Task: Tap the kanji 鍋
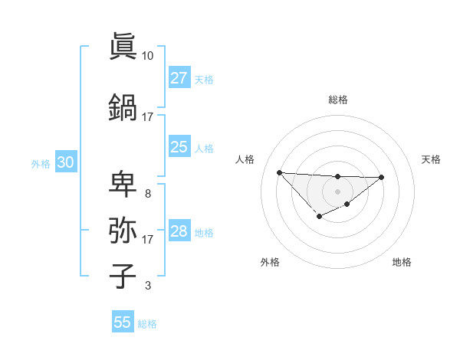click(x=123, y=106)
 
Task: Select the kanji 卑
click(x=123, y=184)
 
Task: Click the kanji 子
click(x=123, y=276)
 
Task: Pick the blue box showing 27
click(x=179, y=77)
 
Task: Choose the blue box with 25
click(x=179, y=146)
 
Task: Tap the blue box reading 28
click(x=179, y=231)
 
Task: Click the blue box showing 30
click(x=65, y=162)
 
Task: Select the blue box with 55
click(x=123, y=322)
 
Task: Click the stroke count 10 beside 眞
click(x=147, y=56)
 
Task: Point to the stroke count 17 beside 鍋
click(x=147, y=117)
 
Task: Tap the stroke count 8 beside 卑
click(x=147, y=194)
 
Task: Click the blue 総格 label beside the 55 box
click(x=147, y=324)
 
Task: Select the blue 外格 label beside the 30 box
click(x=40, y=164)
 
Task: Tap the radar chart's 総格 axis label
click(x=337, y=100)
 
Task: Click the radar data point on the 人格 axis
click(x=279, y=172)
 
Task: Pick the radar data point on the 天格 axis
click(x=382, y=177)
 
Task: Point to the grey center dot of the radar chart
click(x=337, y=191)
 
